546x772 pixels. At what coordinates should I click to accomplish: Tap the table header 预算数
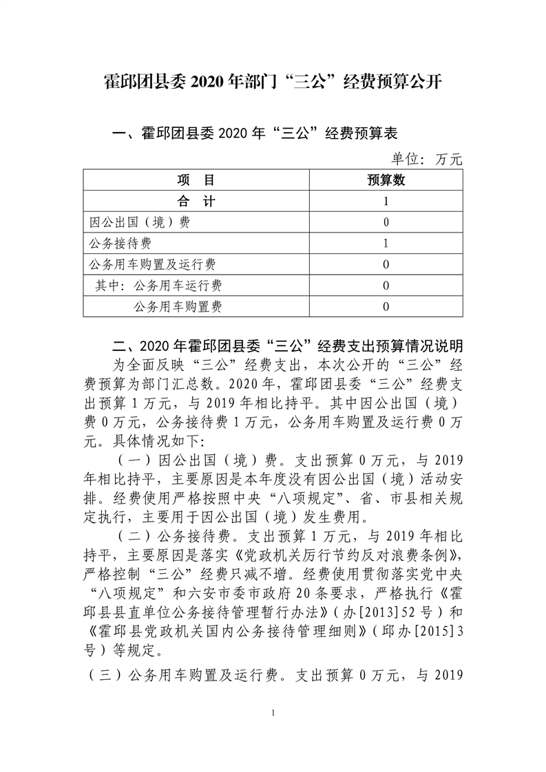pyautogui.click(x=386, y=181)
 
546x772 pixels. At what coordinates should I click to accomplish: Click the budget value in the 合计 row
pyautogui.click(x=386, y=202)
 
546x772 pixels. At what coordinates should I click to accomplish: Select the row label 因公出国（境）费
pyautogui.click(x=140, y=223)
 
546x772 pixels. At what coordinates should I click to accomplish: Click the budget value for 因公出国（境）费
pyautogui.click(x=386, y=223)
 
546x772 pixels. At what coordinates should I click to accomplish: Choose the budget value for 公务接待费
pyautogui.click(x=386, y=244)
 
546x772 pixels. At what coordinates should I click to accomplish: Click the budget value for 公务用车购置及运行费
pyautogui.click(x=386, y=265)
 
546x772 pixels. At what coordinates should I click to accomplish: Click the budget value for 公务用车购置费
pyautogui.click(x=386, y=306)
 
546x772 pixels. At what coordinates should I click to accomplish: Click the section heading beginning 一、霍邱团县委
pyautogui.click(x=255, y=133)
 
